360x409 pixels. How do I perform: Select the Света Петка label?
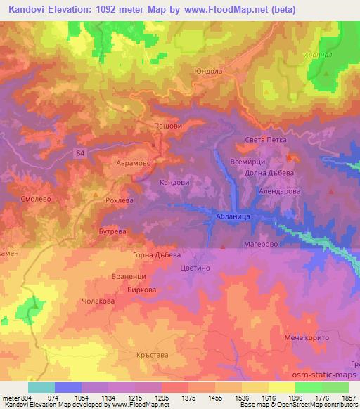pyautogui.click(x=266, y=140)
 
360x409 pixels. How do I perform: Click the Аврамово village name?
pyautogui.click(x=132, y=161)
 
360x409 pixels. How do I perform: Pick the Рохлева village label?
pyautogui.click(x=119, y=200)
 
